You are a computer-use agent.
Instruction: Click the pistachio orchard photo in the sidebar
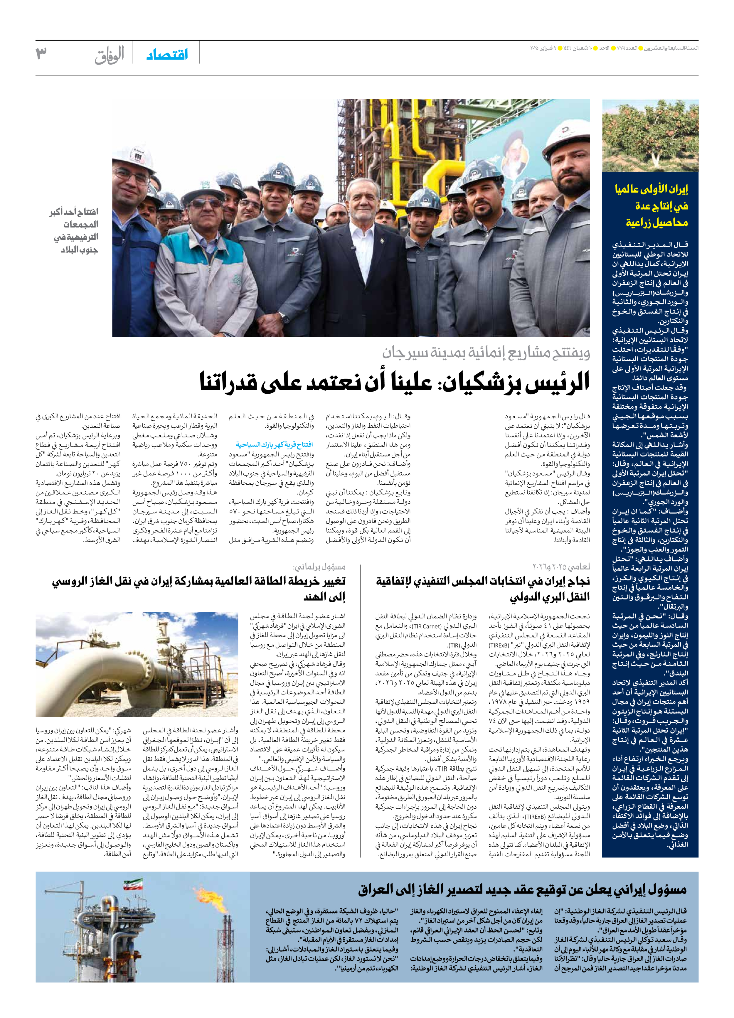pyautogui.click(x=650, y=136)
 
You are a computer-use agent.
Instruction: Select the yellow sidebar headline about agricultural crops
pyautogui.click(x=651, y=205)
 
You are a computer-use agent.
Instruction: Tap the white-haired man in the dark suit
pyautogui.click(x=357, y=251)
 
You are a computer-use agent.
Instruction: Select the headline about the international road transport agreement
pyautogui.click(x=483, y=589)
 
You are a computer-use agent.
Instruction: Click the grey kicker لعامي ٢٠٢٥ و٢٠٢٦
pyautogui.click(x=561, y=567)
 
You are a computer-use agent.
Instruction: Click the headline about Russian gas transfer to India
pyautogui.click(x=199, y=589)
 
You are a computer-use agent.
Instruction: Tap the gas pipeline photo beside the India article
pyautogui.click(x=137, y=664)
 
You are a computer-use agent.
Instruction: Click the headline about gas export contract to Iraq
pyautogui.click(x=522, y=889)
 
